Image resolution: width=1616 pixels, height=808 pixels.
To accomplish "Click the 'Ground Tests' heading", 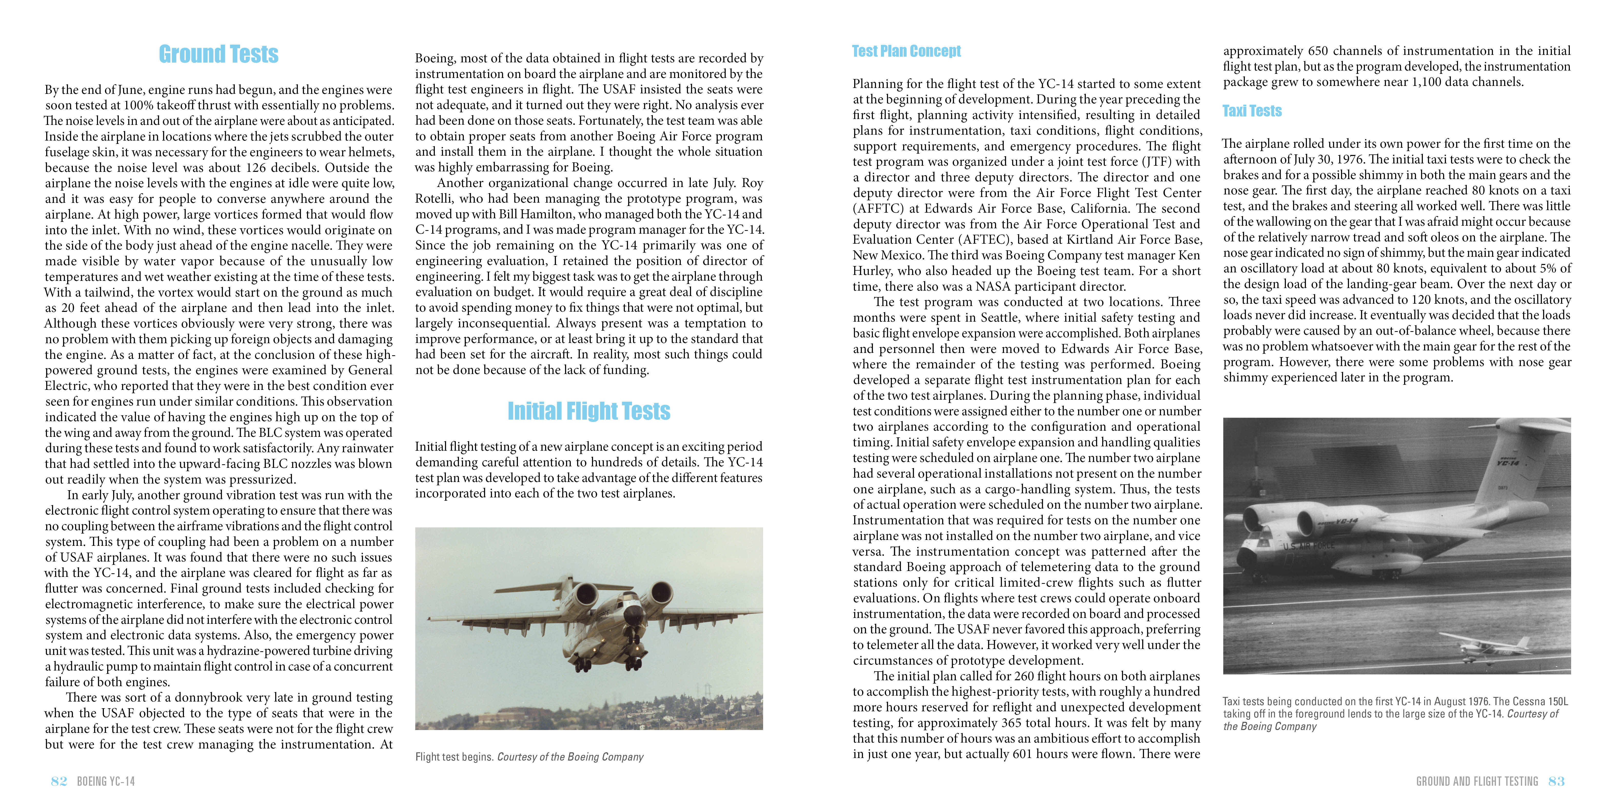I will (218, 55).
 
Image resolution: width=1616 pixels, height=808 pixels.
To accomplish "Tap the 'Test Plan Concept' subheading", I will (906, 51).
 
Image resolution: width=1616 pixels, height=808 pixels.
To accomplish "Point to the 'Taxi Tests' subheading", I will (1252, 111).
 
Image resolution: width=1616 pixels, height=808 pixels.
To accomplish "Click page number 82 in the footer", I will (59, 781).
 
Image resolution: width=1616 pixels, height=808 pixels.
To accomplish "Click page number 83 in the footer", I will (1556, 781).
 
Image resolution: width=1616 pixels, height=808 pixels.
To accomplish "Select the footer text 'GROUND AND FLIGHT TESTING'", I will (1477, 781).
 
